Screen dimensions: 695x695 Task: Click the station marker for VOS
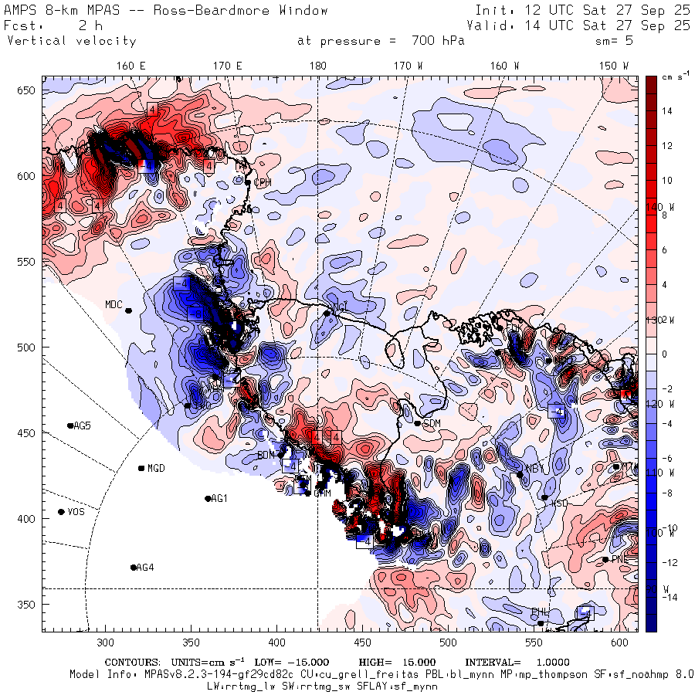[x=62, y=512]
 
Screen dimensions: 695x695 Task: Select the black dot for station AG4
[x=134, y=568]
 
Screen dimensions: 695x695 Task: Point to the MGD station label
[x=156, y=468]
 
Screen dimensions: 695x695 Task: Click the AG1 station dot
[x=208, y=499]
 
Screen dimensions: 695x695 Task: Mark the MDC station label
[x=114, y=304]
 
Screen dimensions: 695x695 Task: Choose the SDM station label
[x=432, y=423]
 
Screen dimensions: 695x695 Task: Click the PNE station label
[x=619, y=559]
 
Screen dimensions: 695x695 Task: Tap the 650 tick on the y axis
[x=29, y=90]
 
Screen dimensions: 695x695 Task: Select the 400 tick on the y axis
[x=29, y=518]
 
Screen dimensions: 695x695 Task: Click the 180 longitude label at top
[x=317, y=66]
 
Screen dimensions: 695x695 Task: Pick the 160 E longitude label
[x=131, y=66]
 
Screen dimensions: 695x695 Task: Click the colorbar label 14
[x=666, y=111]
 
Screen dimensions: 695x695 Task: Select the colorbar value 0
[x=664, y=354]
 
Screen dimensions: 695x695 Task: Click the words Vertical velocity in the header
[x=72, y=41]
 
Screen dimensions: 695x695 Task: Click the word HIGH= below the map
[x=376, y=663]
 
